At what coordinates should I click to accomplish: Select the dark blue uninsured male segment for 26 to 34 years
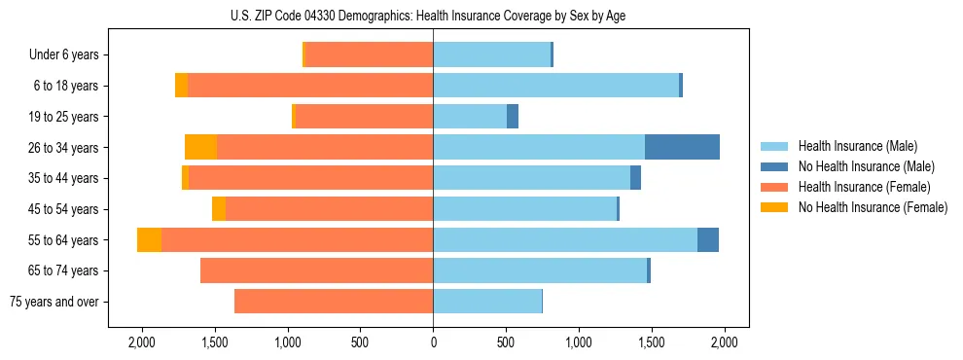coord(682,147)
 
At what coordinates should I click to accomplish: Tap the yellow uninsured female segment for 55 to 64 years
coord(149,240)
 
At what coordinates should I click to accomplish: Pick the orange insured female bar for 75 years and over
coord(334,302)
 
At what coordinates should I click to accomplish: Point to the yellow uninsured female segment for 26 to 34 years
coord(200,147)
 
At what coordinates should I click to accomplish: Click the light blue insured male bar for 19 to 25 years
coord(470,117)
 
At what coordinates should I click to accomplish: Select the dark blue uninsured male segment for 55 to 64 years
coord(708,240)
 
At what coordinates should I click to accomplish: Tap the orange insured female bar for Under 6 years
coord(369,54)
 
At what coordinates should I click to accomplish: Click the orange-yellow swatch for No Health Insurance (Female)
coord(774,207)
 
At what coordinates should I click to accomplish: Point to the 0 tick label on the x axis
coord(433,342)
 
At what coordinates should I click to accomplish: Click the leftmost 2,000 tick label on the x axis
coord(142,342)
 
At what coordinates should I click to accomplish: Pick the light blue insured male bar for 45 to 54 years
coord(524,209)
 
